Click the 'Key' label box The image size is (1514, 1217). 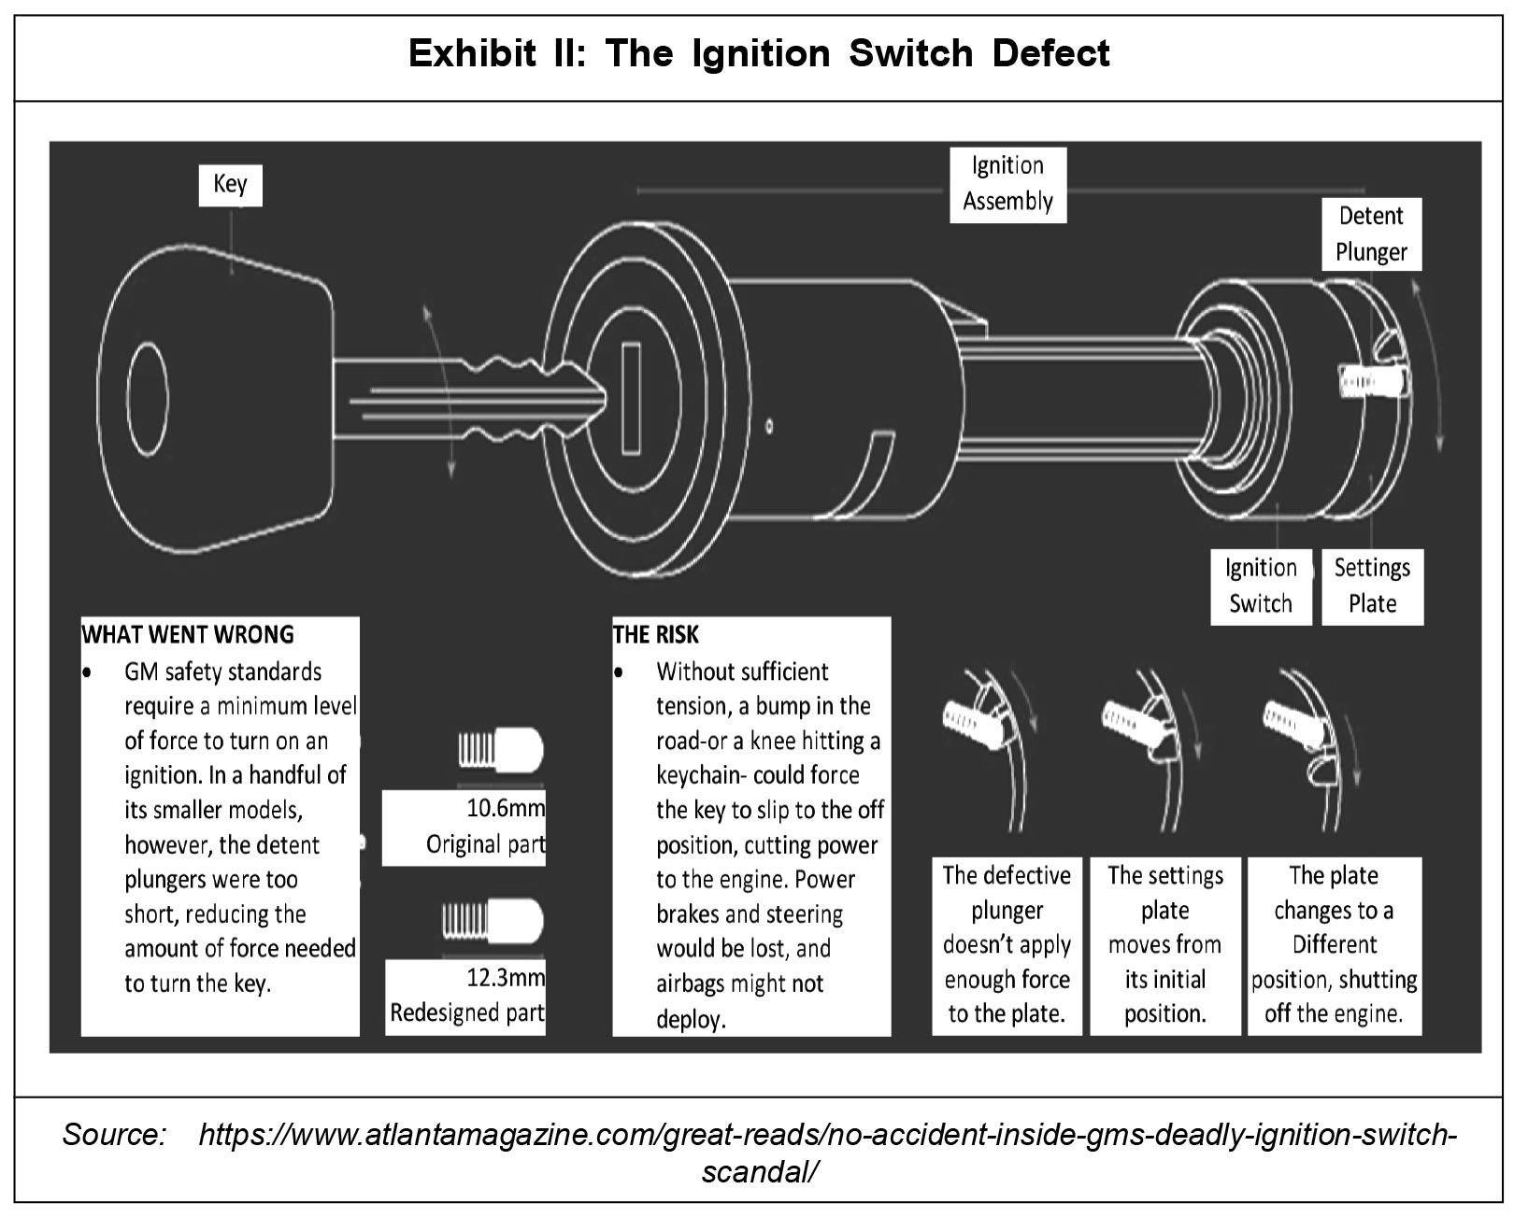point(230,184)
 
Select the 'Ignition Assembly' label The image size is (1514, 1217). point(1007,184)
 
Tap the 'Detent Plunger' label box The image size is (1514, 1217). point(1371,233)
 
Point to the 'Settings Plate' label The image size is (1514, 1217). point(1372,586)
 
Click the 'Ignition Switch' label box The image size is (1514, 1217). point(1261,586)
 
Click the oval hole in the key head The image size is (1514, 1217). point(148,388)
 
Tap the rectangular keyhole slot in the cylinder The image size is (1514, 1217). point(631,398)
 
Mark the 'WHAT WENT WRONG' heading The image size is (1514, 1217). point(188,635)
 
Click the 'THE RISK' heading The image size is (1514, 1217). point(655,635)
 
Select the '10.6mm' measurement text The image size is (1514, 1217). point(506,807)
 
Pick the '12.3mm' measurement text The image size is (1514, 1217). point(506,978)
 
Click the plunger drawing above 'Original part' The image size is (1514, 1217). point(501,749)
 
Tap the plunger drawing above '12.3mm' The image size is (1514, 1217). point(493,921)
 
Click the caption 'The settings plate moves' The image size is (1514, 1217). point(1164,944)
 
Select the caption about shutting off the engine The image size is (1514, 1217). point(1334,944)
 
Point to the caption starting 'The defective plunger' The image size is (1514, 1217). point(1007,944)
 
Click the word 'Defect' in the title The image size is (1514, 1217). point(1050,54)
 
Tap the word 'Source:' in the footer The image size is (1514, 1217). point(114,1136)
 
